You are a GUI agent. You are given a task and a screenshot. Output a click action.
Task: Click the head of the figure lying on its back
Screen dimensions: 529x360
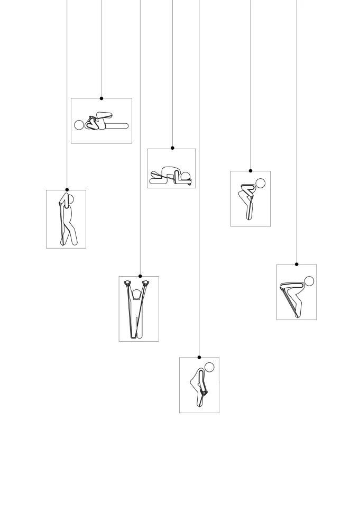79,125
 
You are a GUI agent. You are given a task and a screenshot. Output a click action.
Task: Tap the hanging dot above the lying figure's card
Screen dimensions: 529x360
101,98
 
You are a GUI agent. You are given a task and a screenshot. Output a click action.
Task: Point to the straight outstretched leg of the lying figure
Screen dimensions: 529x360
117,125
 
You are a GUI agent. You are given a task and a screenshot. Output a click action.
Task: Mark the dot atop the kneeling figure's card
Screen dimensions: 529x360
172,148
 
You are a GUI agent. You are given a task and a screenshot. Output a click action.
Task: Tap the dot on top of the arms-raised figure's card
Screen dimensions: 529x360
140,276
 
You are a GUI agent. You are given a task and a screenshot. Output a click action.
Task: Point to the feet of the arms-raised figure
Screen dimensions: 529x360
136,335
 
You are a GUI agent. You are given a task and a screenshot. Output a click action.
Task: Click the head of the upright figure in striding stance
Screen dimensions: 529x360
69,200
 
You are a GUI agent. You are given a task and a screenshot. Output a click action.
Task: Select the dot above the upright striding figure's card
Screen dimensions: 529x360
67,189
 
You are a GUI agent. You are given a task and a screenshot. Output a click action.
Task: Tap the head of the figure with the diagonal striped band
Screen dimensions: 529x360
309,281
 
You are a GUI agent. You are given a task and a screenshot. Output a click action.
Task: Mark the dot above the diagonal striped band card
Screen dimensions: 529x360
297,264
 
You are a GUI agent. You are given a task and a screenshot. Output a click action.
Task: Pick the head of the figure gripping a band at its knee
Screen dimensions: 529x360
210,367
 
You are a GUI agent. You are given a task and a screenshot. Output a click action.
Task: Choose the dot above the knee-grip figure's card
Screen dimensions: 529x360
199,357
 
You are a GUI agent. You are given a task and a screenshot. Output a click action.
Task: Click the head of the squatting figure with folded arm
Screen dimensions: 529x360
260,184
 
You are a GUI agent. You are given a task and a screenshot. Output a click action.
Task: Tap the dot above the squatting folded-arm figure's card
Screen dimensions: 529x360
251,171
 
